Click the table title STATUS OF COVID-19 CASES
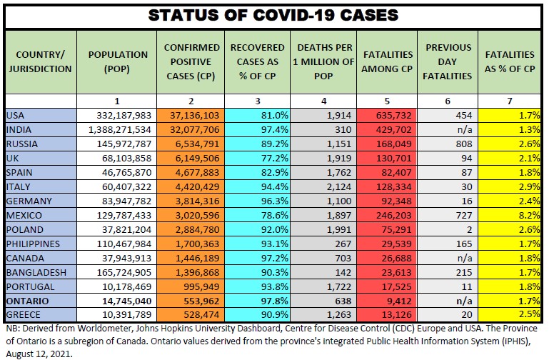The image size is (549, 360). point(274,14)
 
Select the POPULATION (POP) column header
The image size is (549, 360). point(118,61)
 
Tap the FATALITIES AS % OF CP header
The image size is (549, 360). point(509,61)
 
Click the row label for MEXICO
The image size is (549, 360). point(24,215)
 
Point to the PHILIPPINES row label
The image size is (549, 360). point(31,244)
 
